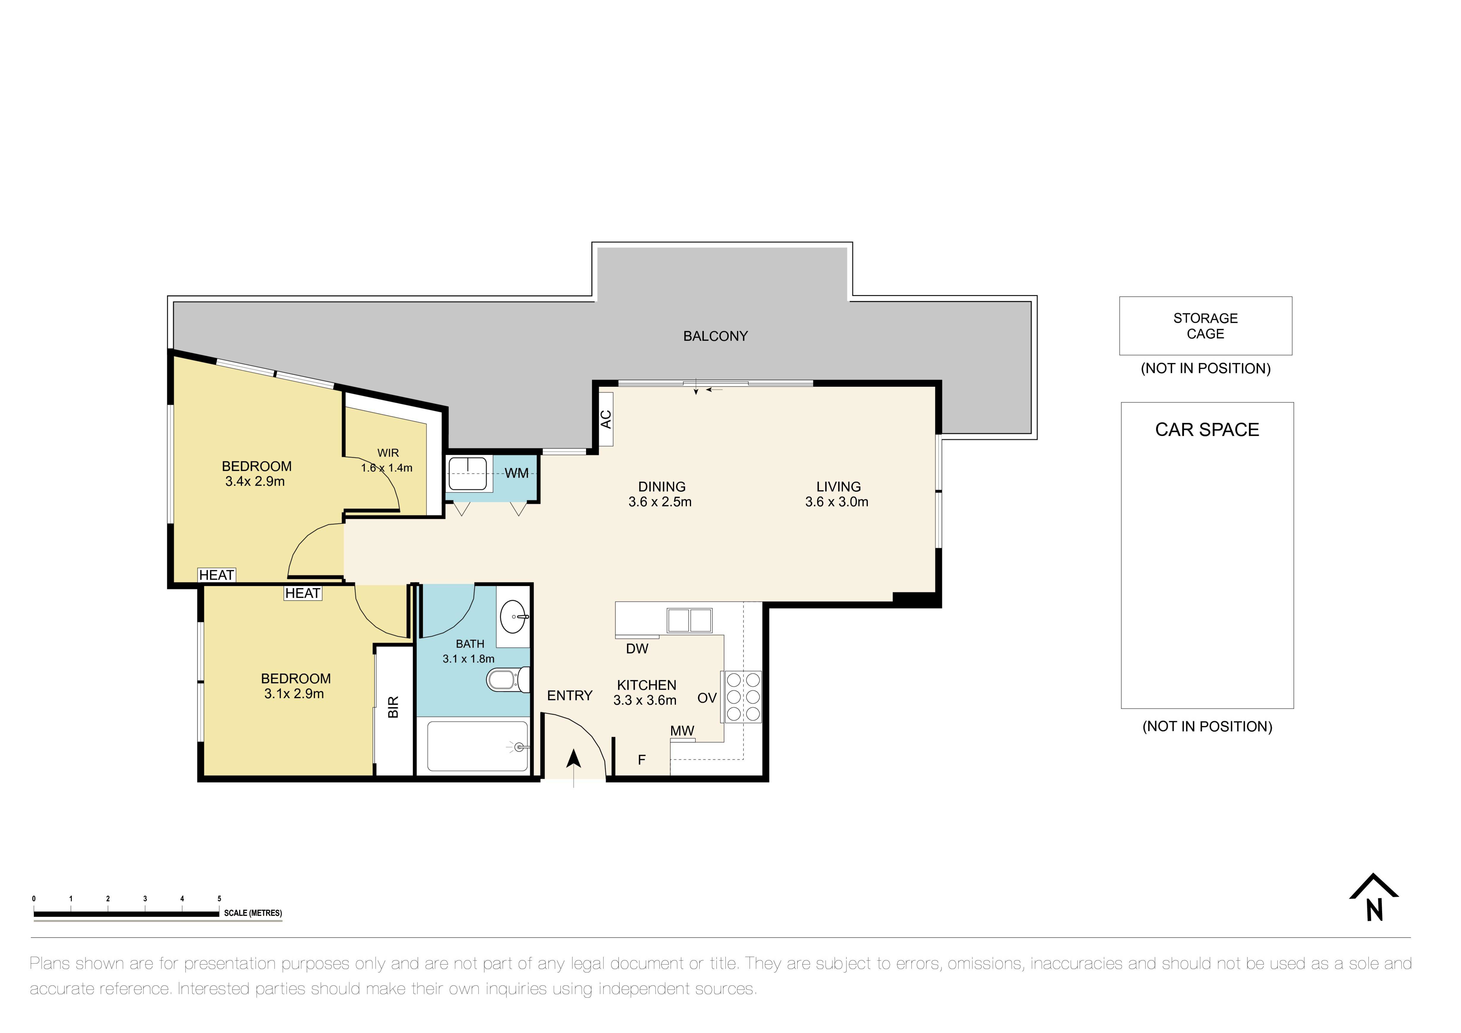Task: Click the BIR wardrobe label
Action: (393, 707)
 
